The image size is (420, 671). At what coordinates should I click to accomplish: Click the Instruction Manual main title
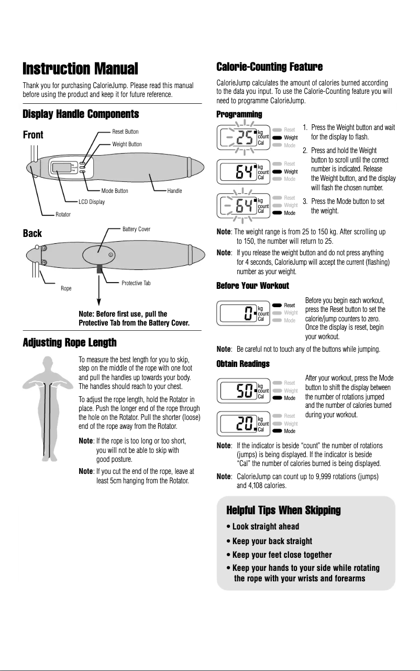(80, 69)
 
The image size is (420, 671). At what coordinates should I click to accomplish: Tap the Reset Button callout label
(125, 132)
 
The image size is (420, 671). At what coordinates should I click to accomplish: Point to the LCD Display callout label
(92, 202)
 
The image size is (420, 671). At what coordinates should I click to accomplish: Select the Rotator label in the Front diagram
(63, 214)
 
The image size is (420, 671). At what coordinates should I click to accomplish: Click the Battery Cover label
(136, 229)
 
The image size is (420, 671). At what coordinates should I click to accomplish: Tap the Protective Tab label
(136, 283)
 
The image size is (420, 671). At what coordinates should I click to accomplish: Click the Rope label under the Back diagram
(66, 288)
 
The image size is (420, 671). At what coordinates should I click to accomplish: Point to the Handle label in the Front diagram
(174, 191)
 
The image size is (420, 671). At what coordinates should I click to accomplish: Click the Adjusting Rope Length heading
(70, 343)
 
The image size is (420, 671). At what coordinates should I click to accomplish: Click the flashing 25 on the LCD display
(243, 137)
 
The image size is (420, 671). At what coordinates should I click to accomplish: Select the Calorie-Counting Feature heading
(269, 67)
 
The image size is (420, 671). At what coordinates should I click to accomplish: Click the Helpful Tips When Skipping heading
(283, 510)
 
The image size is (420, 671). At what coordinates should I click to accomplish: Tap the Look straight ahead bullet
(262, 526)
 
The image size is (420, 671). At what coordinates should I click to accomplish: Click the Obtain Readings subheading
(243, 364)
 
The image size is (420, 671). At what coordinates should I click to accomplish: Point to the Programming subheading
(239, 114)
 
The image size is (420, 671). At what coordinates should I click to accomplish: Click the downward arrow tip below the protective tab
(98, 302)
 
